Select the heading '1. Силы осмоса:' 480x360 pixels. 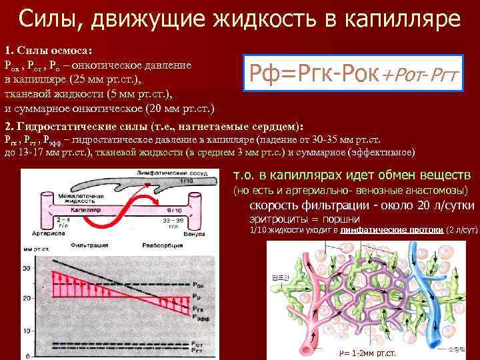pos(49,51)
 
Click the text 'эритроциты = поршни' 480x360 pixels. pos(304,219)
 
